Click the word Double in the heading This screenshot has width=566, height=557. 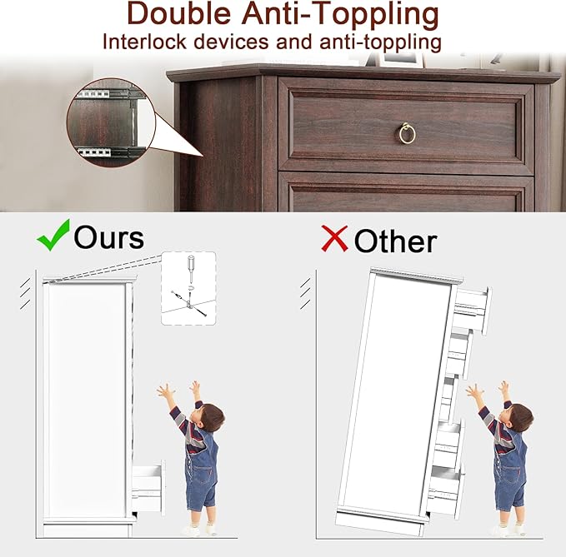[x=179, y=14]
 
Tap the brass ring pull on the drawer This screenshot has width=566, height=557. [x=407, y=133]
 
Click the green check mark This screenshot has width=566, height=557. [x=53, y=235]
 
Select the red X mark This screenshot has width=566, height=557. [x=334, y=238]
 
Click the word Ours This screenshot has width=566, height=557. [x=108, y=237]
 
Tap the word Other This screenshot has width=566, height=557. [x=395, y=241]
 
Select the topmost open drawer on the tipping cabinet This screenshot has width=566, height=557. [x=471, y=310]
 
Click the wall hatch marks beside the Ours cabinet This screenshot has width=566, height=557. [x=25, y=295]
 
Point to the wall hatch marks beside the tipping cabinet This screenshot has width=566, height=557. [x=305, y=294]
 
